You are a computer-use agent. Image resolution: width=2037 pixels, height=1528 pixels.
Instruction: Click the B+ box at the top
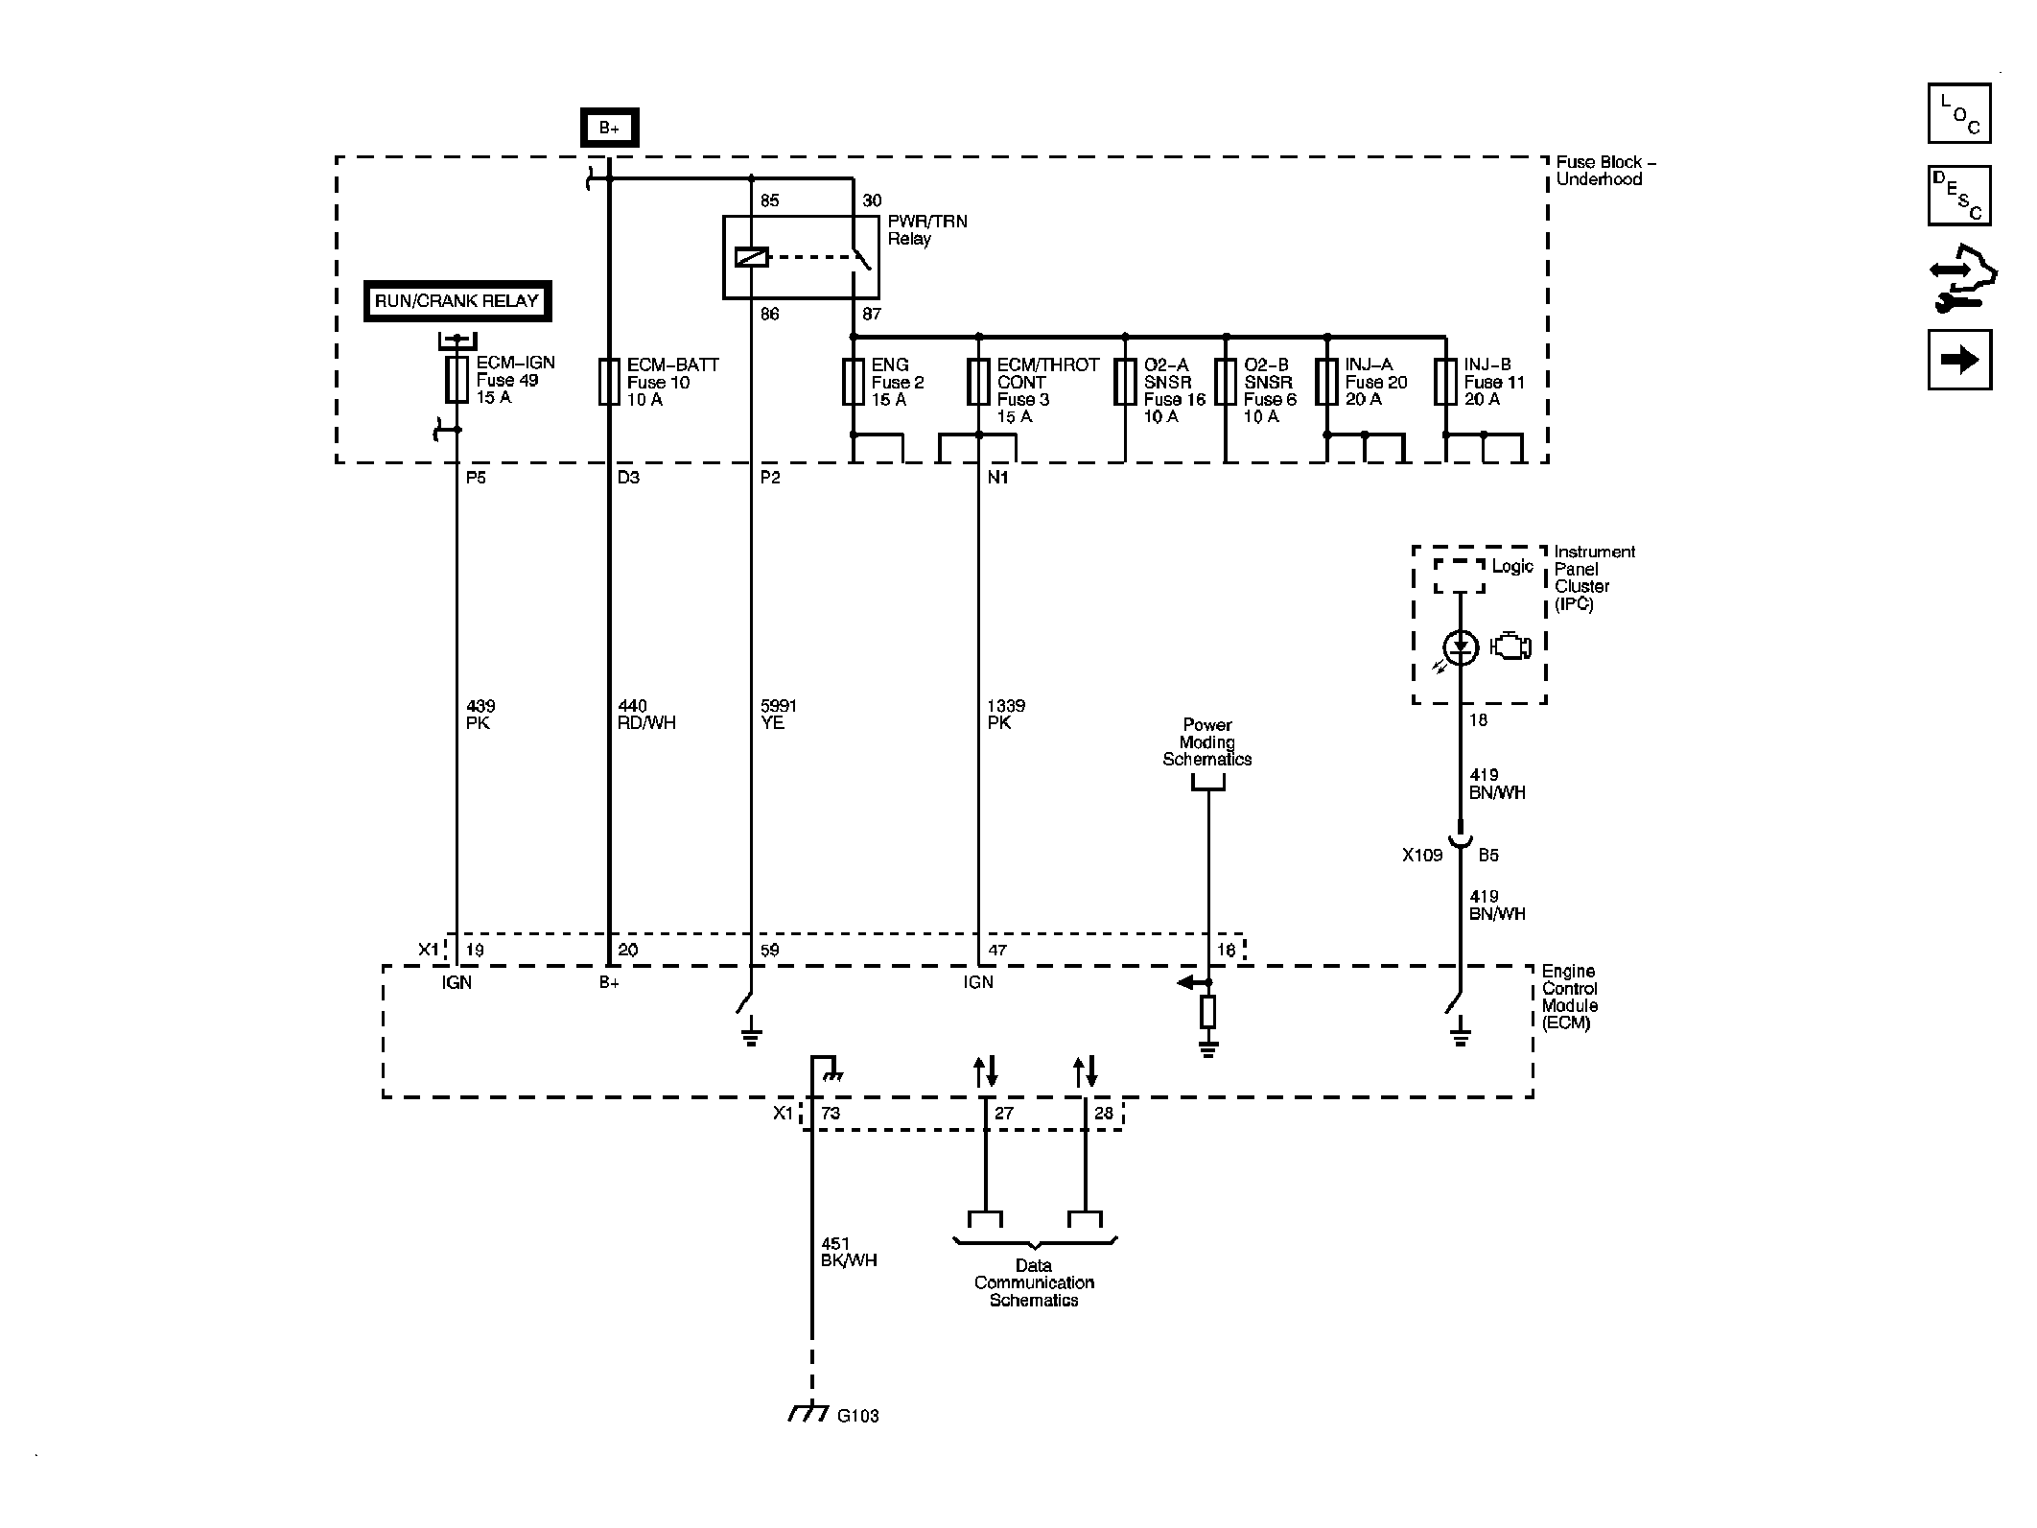click(x=609, y=128)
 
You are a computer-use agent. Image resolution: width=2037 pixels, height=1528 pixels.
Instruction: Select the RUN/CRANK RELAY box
click(x=457, y=301)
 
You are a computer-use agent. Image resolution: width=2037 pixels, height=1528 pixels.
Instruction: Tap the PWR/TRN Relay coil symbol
click(x=751, y=257)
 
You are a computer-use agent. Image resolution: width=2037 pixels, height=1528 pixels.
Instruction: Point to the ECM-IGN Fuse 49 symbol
click(x=457, y=380)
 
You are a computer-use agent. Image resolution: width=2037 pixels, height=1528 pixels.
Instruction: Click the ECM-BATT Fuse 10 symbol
click(x=609, y=382)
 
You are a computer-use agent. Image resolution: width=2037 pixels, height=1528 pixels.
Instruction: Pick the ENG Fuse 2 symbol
click(x=853, y=382)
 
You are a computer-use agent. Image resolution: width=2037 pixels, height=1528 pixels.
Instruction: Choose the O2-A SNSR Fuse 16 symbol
click(x=1125, y=382)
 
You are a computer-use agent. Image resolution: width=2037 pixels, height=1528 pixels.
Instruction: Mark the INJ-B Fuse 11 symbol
click(x=1445, y=382)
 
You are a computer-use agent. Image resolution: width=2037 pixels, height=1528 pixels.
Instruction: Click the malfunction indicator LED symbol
click(x=1461, y=647)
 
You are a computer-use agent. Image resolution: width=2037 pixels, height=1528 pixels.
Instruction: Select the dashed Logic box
click(x=1459, y=576)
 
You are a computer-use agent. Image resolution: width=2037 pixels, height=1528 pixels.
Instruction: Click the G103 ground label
click(x=858, y=1416)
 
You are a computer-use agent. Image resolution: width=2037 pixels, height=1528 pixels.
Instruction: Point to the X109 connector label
click(x=1422, y=855)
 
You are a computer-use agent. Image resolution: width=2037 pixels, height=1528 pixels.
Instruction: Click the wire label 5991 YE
click(x=778, y=715)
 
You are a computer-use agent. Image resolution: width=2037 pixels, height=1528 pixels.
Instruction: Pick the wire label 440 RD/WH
click(x=646, y=715)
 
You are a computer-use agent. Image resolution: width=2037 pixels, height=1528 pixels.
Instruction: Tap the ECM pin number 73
click(x=831, y=1114)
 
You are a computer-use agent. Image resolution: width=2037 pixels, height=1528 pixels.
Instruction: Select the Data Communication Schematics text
click(x=1034, y=1283)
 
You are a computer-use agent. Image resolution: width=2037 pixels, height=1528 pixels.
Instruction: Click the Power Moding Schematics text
click(x=1207, y=742)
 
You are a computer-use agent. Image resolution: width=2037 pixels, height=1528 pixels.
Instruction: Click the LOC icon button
click(x=1959, y=113)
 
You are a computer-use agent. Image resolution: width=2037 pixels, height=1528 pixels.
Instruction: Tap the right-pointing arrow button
click(x=1959, y=360)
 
